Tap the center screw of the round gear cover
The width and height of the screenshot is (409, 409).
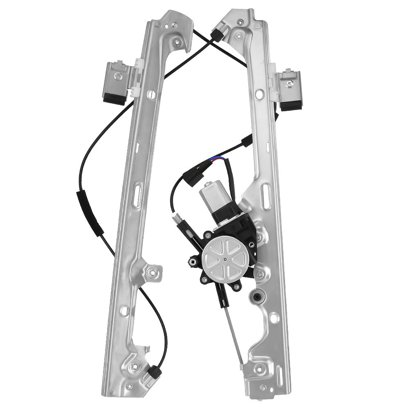[x=225, y=258]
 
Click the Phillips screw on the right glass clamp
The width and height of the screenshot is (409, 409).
[x=290, y=83]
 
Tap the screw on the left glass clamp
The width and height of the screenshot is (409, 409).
[x=118, y=75]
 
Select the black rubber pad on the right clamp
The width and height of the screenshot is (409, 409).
[x=290, y=106]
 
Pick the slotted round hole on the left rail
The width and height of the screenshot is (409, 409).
[x=151, y=94]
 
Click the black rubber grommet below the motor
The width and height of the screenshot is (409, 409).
[x=257, y=296]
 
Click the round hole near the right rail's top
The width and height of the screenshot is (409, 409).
[x=258, y=94]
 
